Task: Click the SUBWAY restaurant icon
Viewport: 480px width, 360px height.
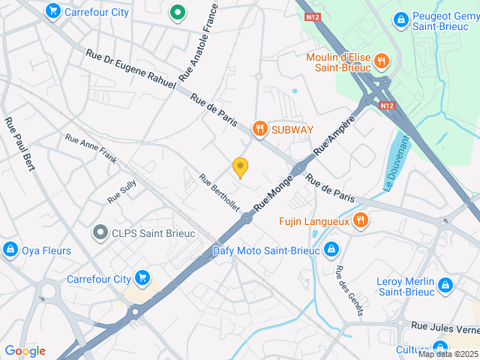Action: pyautogui.click(x=260, y=129)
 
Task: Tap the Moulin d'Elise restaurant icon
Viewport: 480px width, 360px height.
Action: pyautogui.click(x=381, y=61)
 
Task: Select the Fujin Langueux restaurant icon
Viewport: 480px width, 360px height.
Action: pyautogui.click(x=361, y=220)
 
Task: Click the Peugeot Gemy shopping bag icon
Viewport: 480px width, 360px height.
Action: pyautogui.click(x=400, y=18)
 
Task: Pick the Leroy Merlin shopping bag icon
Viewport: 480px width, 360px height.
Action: pyautogui.click(x=445, y=285)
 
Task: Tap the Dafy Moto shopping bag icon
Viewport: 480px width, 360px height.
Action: pyautogui.click(x=331, y=250)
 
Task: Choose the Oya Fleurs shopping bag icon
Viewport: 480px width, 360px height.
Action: pyautogui.click(x=10, y=250)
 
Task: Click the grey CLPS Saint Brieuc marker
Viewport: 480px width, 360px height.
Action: pyautogui.click(x=100, y=233)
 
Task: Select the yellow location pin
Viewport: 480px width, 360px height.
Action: pyautogui.click(x=240, y=168)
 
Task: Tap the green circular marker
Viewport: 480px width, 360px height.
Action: pyautogui.click(x=177, y=12)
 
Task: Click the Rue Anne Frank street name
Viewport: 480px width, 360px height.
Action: pyautogui.click(x=91, y=148)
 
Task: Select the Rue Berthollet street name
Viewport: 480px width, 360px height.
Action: pyautogui.click(x=218, y=192)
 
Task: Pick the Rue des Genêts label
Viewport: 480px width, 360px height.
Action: pyautogui.click(x=349, y=291)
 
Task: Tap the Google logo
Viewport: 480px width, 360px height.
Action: pyautogui.click(x=25, y=351)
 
